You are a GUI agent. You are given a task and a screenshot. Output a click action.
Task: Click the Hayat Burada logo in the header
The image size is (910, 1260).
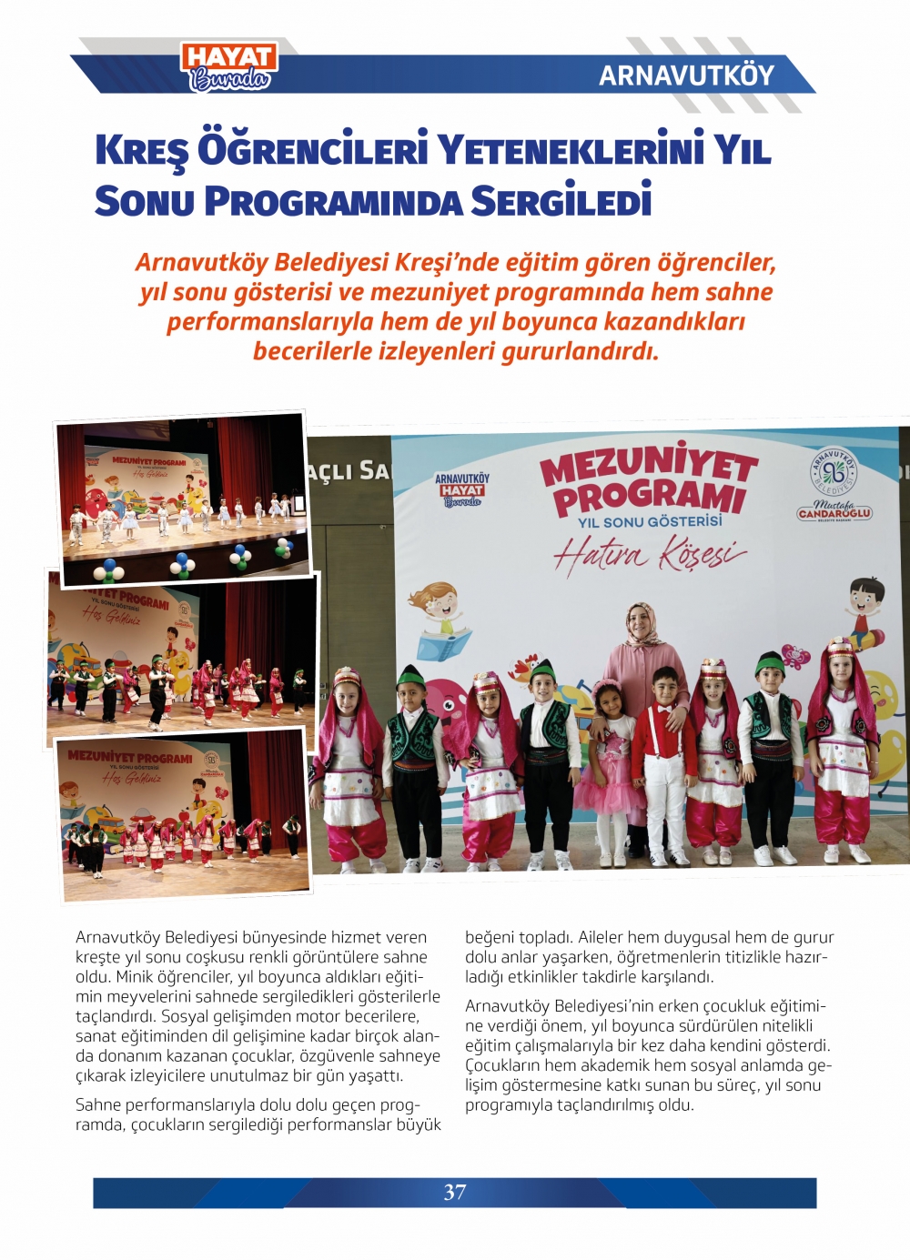click(229, 67)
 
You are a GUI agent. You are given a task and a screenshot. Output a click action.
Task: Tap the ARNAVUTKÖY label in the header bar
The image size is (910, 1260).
click(686, 75)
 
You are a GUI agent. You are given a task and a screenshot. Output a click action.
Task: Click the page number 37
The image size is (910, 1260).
click(455, 1192)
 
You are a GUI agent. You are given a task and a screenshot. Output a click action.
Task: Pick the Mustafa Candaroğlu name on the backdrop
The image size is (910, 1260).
click(834, 511)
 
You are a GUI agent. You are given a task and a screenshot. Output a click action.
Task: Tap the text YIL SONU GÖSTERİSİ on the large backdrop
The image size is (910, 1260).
click(650, 522)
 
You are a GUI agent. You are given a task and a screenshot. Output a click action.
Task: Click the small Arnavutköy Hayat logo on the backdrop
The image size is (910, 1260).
click(461, 489)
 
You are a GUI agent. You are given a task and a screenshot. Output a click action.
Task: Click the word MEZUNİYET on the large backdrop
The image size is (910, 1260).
click(648, 467)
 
